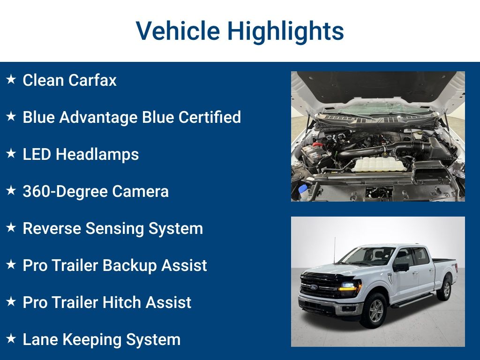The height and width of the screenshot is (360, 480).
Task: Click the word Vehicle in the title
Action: click(x=178, y=31)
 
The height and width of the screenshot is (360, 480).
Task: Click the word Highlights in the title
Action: click(x=285, y=31)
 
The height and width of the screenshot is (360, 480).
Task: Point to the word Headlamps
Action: click(x=97, y=154)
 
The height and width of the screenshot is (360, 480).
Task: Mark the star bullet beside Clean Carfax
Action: click(x=11, y=80)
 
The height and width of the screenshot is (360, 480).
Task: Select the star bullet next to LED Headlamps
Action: click(x=11, y=154)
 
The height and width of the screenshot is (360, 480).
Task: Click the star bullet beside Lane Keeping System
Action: click(x=11, y=339)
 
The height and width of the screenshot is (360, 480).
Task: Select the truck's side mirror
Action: click(x=401, y=267)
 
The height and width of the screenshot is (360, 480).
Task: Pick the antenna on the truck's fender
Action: click(x=334, y=248)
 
